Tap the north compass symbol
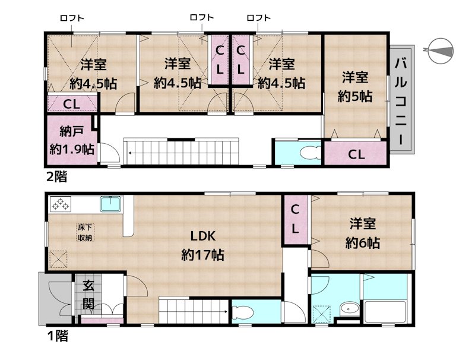click(440, 51)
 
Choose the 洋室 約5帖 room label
click(355, 87)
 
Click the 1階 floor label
click(57, 337)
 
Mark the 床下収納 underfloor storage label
click(84, 232)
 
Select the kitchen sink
click(110, 204)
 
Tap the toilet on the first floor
click(242, 312)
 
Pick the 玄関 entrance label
click(88, 295)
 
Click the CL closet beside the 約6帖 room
click(295, 219)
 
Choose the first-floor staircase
click(194, 312)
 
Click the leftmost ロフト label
click(71, 18)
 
